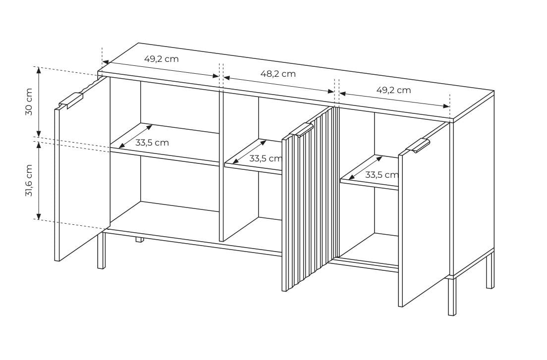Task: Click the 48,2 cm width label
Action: point(278,74)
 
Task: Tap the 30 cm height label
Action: point(29,102)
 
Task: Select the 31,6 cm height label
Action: point(29,180)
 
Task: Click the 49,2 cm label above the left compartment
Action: point(162,59)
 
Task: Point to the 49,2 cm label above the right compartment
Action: point(393,90)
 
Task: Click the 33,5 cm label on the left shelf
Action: point(152,143)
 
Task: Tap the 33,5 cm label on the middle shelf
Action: point(266,158)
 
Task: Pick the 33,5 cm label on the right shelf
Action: point(382,175)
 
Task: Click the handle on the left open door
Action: point(72,100)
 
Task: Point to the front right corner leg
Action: point(452,296)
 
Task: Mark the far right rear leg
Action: point(490,270)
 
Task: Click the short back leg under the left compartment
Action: point(140,239)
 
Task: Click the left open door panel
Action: point(82,169)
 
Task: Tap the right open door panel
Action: point(424,215)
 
